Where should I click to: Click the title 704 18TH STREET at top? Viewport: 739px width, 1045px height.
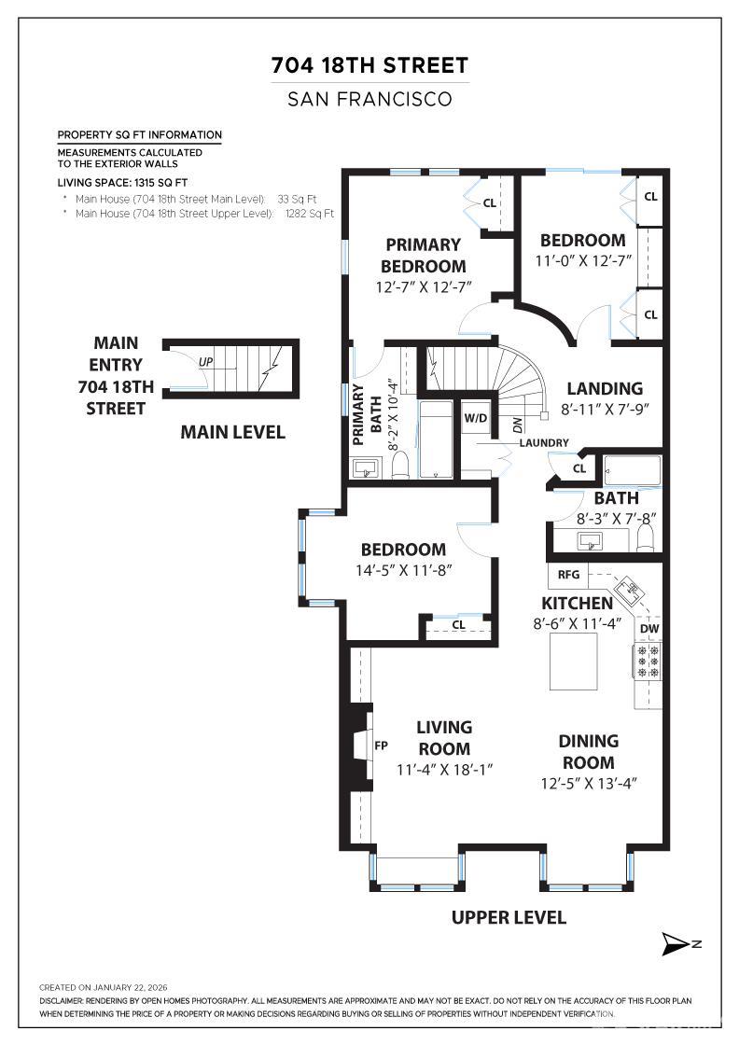click(x=369, y=65)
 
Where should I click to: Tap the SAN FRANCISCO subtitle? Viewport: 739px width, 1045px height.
click(x=369, y=99)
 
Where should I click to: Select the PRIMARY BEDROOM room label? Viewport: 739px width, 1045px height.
click(x=423, y=255)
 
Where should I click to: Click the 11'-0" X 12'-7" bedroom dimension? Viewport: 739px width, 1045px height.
click(x=582, y=261)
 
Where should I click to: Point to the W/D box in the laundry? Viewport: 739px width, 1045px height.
click(x=476, y=417)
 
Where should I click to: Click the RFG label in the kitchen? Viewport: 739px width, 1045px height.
click(x=569, y=575)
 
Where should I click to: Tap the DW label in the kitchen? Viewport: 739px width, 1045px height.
click(x=649, y=629)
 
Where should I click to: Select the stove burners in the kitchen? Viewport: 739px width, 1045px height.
click(x=648, y=661)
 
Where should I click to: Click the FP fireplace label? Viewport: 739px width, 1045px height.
click(x=381, y=746)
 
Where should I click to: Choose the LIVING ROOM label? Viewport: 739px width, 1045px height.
click(x=443, y=737)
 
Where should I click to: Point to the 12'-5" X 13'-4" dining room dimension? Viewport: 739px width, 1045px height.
click(x=588, y=784)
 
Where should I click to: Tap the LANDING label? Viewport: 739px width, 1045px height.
click(x=605, y=388)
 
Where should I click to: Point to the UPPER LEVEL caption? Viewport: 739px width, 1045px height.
click(x=509, y=917)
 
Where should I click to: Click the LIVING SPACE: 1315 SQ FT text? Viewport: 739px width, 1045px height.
click(x=122, y=183)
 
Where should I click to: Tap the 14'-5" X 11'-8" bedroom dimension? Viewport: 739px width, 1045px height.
click(x=403, y=570)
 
